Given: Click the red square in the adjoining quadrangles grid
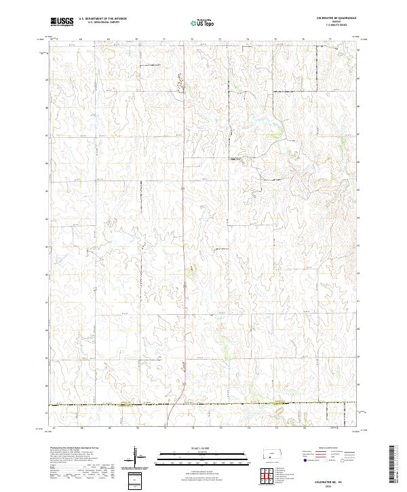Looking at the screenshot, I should point(269,473).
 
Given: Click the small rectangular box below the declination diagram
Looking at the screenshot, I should point(136,480).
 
